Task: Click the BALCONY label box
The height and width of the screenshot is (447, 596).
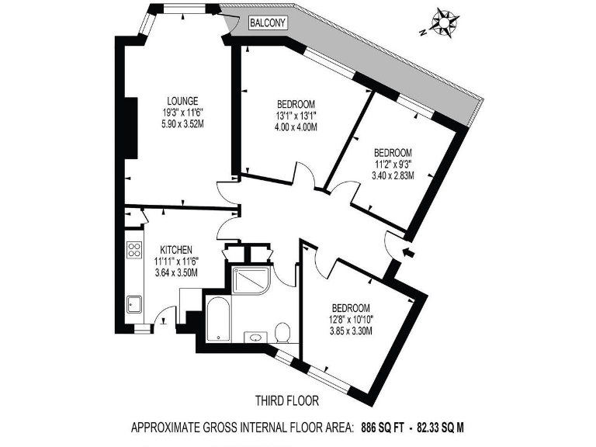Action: click(268, 23)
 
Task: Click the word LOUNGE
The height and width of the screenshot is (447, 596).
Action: click(183, 100)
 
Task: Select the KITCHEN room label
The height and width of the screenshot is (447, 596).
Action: click(176, 249)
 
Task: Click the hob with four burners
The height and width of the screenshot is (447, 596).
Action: click(133, 250)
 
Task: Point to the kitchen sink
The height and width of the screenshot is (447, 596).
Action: click(133, 304)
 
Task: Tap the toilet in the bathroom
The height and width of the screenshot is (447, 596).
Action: click(283, 332)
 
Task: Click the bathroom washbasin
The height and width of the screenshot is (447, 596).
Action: click(255, 338)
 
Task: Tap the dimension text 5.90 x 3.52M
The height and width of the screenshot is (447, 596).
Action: click(183, 122)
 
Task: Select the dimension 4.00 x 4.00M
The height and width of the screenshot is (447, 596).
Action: click(296, 126)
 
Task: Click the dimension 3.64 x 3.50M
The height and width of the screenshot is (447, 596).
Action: click(176, 272)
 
